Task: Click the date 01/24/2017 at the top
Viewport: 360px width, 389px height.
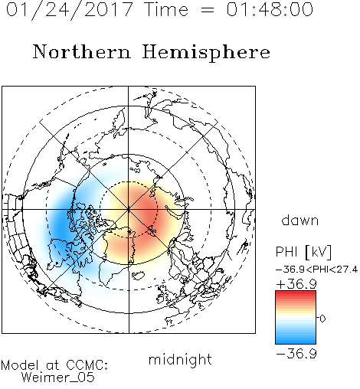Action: pos(69,10)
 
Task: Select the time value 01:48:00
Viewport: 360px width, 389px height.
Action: pos(270,9)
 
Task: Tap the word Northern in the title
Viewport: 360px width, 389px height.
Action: pos(82,51)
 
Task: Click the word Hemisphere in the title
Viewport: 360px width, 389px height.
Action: pos(206,53)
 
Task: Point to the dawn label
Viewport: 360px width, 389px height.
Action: pos(300,220)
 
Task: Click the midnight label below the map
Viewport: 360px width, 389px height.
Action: pos(180,359)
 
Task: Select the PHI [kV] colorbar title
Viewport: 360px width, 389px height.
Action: pos(303,252)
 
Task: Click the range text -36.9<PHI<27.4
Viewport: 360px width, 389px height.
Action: pos(316,270)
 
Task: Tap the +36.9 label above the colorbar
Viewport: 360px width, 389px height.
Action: pos(296,284)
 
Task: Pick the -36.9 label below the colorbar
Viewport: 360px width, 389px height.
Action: pos(296,354)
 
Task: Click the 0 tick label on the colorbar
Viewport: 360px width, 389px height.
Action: pos(322,319)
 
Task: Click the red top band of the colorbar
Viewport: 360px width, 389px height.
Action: pos(296,293)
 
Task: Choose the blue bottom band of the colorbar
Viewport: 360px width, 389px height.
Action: pos(296,341)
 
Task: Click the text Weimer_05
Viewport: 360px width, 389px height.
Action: pos(58,378)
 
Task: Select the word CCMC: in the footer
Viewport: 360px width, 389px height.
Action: pos(87,365)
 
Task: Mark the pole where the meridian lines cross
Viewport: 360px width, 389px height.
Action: pos(129,209)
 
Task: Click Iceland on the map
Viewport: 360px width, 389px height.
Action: pos(138,275)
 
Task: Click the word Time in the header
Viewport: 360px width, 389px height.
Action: pos(166,9)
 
